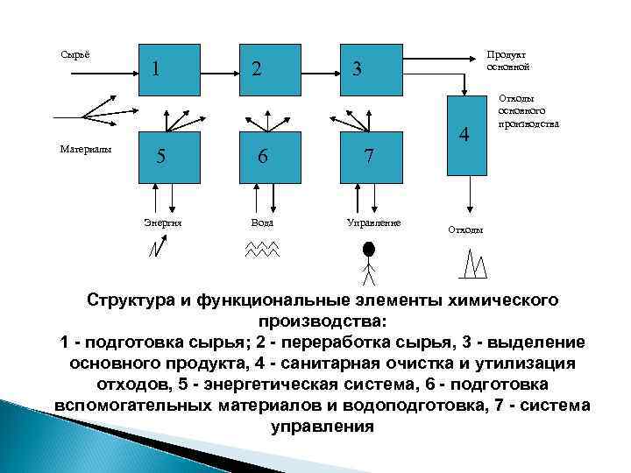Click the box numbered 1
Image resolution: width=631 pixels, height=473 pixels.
(x=167, y=67)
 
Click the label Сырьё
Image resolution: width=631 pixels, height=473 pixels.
(x=74, y=55)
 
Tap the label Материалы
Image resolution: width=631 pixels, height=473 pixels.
(x=86, y=150)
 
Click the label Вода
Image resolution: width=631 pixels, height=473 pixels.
(x=262, y=222)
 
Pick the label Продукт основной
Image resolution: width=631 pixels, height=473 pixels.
(x=507, y=60)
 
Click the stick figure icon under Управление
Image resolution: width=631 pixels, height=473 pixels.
(x=368, y=258)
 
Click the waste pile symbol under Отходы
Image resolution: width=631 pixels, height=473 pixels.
(x=474, y=259)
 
